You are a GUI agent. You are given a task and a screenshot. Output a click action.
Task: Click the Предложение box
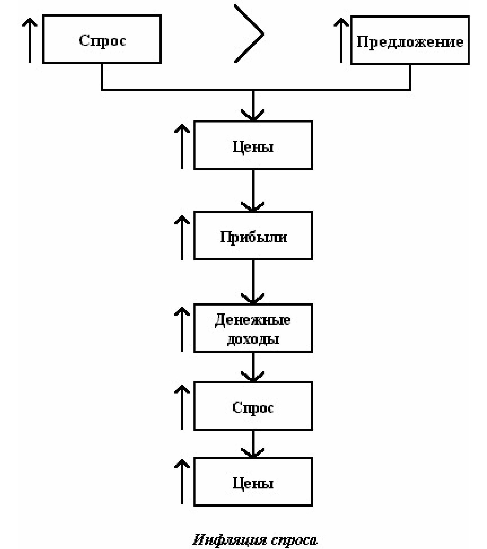click(410, 40)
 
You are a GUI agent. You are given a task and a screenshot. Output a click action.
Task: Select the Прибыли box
click(253, 236)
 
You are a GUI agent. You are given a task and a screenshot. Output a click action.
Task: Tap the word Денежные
click(253, 320)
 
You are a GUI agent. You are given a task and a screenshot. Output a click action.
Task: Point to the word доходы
click(253, 339)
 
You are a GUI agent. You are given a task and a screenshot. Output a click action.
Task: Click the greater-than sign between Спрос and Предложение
click(249, 34)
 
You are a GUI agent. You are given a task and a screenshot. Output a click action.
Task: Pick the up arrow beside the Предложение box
click(341, 40)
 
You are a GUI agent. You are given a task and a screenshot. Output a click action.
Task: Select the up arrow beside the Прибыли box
click(182, 238)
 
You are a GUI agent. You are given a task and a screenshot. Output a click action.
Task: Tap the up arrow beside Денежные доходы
click(182, 329)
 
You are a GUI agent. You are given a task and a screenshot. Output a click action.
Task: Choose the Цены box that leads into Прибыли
click(253, 145)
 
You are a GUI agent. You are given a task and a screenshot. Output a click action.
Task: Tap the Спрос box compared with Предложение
click(102, 39)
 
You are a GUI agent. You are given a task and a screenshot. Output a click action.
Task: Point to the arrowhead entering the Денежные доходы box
click(253, 299)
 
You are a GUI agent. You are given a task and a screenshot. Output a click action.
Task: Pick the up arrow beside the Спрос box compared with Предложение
click(29, 40)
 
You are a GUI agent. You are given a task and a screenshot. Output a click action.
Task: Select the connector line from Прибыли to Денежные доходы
click(253, 282)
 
